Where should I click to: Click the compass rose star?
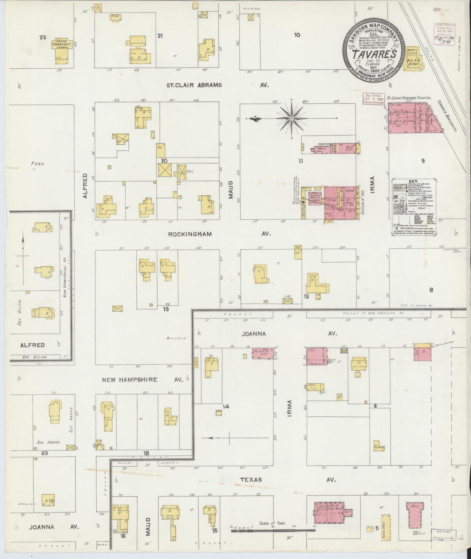292,118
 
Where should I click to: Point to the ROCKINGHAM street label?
190,234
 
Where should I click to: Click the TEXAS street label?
251,480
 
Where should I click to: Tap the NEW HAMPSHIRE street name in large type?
130,380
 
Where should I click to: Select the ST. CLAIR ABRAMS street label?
194,85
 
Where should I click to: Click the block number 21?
160,36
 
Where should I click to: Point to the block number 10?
297,35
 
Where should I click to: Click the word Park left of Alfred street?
38,164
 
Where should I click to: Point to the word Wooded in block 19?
176,338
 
